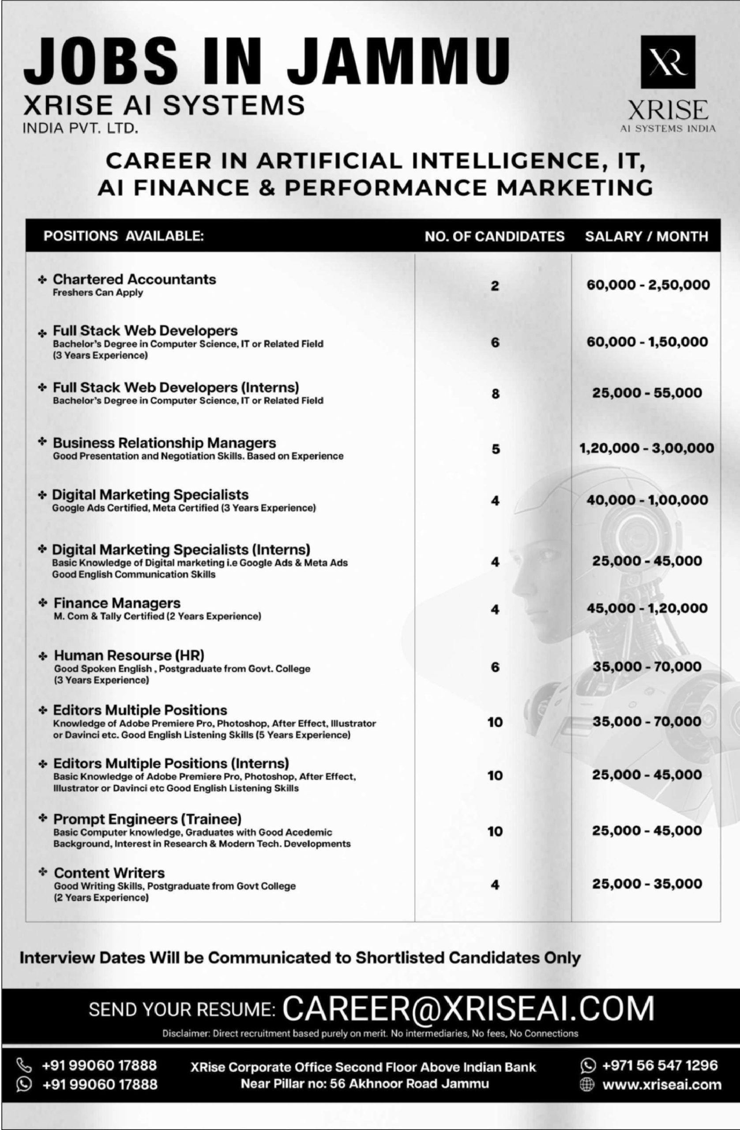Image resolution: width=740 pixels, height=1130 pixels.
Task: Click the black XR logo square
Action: click(x=668, y=62)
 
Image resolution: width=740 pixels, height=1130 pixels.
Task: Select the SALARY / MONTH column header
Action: click(x=646, y=236)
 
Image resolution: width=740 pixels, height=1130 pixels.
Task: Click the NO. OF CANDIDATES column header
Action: click(x=495, y=236)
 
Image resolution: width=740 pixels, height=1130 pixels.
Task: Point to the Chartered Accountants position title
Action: click(x=134, y=279)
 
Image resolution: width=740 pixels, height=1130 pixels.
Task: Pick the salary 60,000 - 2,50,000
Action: click(x=648, y=285)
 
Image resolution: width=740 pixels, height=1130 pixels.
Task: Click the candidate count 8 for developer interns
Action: click(x=495, y=393)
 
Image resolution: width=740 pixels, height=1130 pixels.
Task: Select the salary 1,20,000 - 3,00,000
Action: click(x=646, y=448)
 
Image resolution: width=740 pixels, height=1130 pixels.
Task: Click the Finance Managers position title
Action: click(x=117, y=603)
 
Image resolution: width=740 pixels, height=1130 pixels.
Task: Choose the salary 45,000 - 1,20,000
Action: click(x=647, y=608)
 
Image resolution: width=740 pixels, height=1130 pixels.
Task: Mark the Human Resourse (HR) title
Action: click(x=129, y=655)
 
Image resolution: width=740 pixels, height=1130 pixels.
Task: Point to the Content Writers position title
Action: click(x=109, y=873)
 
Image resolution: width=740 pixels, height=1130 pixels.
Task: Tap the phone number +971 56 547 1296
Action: click(x=659, y=1065)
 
